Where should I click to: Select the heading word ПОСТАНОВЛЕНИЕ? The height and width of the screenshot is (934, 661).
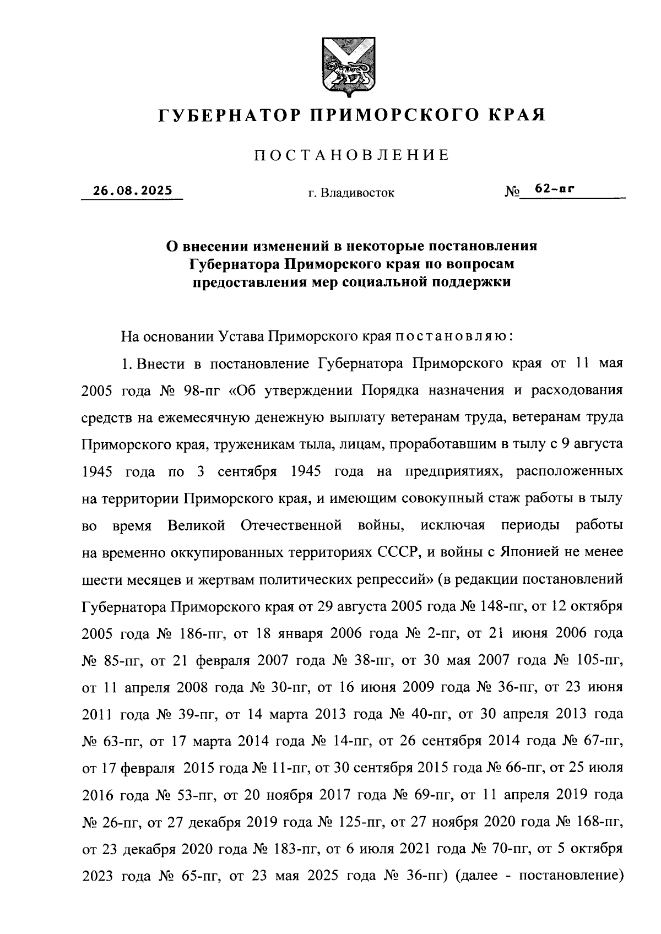(351, 155)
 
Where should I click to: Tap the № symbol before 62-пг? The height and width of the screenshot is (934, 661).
(511, 193)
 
